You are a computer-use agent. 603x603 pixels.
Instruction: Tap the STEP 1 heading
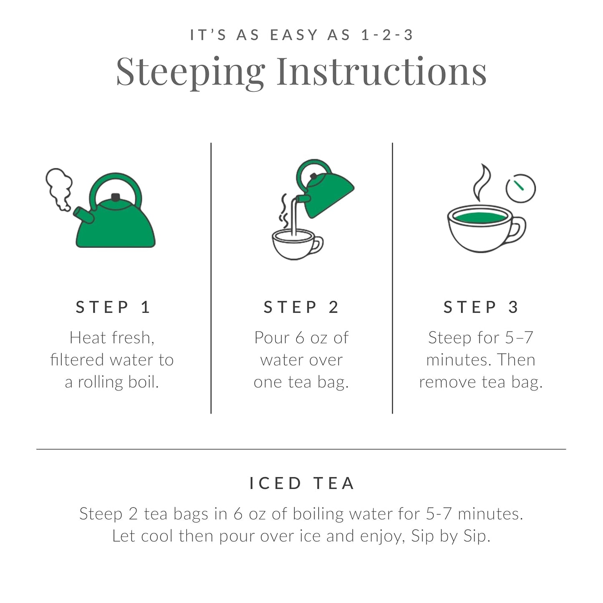tap(113, 307)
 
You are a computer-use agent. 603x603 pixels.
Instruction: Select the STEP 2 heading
tap(301, 307)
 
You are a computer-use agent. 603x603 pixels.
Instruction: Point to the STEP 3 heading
tap(481, 307)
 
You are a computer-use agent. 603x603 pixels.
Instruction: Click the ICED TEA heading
tap(302, 483)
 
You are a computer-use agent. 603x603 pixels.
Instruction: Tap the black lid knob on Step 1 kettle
tap(116, 197)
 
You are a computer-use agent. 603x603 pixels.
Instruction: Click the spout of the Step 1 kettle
tap(83, 215)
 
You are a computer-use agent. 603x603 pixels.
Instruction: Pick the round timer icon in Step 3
tap(520, 188)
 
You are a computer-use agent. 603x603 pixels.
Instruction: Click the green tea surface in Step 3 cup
tap(480, 217)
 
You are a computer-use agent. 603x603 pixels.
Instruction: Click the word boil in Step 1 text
tap(143, 382)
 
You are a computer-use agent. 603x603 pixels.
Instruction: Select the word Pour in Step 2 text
tap(272, 338)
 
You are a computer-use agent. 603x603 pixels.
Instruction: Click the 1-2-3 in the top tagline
tap(387, 35)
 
